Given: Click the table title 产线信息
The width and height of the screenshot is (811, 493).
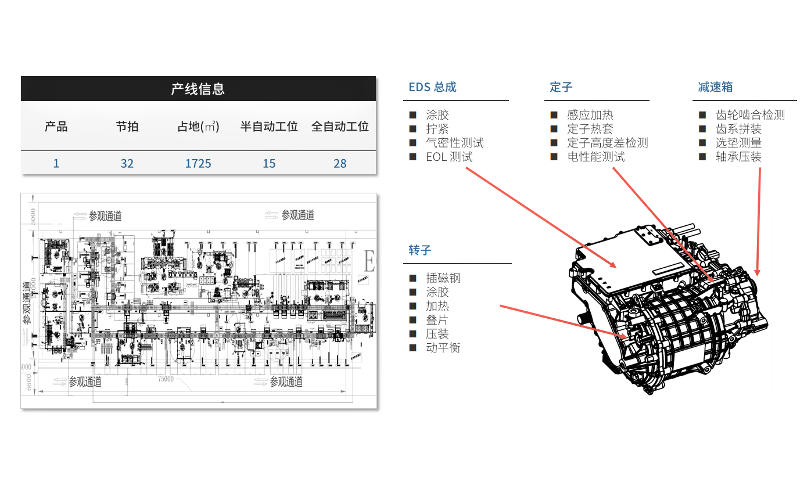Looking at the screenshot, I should pyautogui.click(x=198, y=89).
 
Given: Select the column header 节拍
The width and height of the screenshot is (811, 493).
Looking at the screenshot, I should pyautogui.click(x=127, y=127).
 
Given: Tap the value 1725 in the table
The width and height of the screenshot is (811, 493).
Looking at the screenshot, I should pyautogui.click(x=198, y=164).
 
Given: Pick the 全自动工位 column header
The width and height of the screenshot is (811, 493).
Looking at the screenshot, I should pyautogui.click(x=340, y=127).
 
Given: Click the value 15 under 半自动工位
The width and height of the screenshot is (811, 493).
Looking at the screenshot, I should pyautogui.click(x=269, y=164).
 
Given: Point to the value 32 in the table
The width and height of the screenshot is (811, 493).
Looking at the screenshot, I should pyautogui.click(x=127, y=164).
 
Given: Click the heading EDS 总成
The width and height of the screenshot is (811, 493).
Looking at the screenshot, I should pyautogui.click(x=432, y=87).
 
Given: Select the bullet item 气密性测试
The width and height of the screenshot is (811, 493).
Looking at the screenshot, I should pyautogui.click(x=454, y=143).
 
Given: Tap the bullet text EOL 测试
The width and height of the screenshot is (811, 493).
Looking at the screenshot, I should pyautogui.click(x=449, y=157).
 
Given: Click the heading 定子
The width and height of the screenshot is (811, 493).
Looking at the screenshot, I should pyautogui.click(x=561, y=87).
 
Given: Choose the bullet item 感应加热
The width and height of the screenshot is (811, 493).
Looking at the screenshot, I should pyautogui.click(x=590, y=115).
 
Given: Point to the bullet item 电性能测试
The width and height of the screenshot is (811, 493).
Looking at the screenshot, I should pyautogui.click(x=595, y=157).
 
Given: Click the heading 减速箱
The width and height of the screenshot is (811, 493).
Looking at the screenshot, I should pyautogui.click(x=715, y=87).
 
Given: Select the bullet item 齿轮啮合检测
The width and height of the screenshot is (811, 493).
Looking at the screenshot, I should pyautogui.click(x=750, y=115).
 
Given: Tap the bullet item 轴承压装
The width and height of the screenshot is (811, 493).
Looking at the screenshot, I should pyautogui.click(x=738, y=157).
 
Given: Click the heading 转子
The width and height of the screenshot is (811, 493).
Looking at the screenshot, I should pyautogui.click(x=420, y=250).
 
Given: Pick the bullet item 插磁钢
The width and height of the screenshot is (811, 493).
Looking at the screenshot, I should pyautogui.click(x=443, y=278).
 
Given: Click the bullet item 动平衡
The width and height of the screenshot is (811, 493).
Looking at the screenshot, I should pyautogui.click(x=443, y=348).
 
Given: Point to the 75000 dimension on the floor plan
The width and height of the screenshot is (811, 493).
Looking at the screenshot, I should pyautogui.click(x=166, y=380).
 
